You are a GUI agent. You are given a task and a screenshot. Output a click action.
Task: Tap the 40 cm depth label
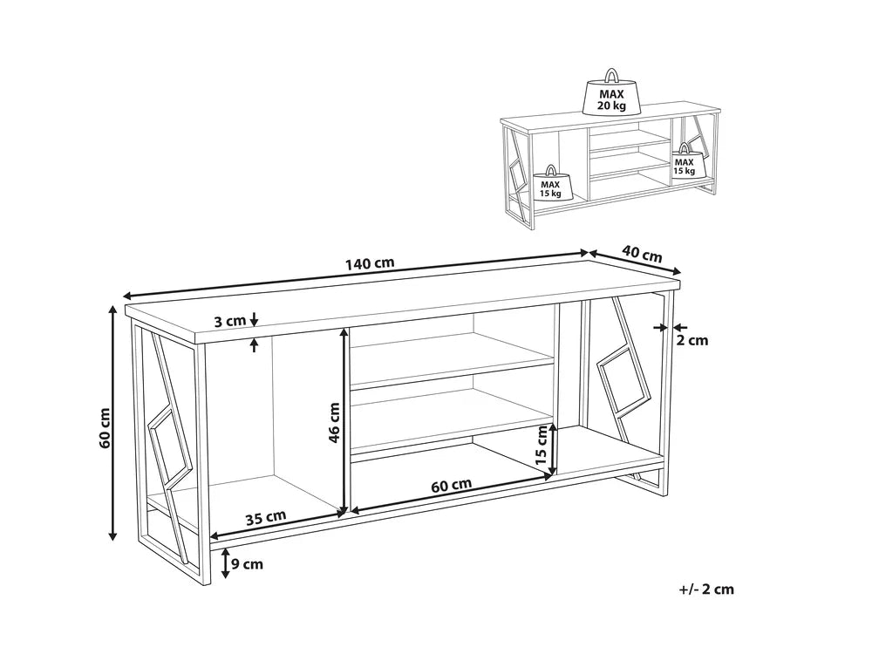point(641,254)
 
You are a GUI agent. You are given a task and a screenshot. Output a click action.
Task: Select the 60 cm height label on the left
point(105,427)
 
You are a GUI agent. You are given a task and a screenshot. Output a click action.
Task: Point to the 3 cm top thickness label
point(230,321)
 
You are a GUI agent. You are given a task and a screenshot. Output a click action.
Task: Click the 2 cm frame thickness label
point(692,340)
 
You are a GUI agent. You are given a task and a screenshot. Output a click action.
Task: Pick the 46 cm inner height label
point(334,423)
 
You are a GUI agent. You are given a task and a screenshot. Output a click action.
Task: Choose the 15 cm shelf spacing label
point(541,445)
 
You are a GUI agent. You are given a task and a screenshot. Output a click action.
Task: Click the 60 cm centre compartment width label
point(452,484)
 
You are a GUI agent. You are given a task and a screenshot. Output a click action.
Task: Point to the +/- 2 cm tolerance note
point(705,589)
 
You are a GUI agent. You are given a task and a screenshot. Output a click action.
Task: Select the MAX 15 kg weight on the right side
point(684,165)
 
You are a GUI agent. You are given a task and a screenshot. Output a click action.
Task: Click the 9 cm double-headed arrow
point(225,564)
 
